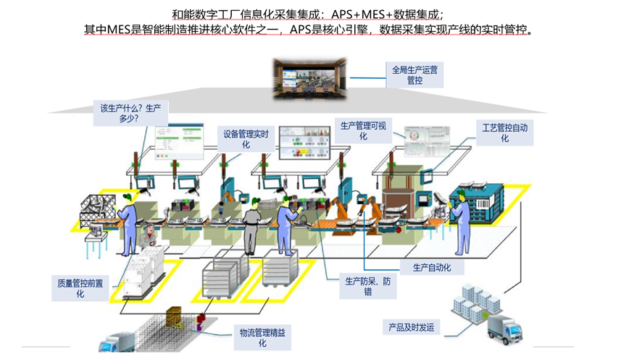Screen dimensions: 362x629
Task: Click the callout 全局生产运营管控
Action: click(x=415, y=75)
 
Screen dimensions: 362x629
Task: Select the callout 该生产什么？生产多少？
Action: click(x=125, y=113)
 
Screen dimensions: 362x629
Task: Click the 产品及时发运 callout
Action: click(x=410, y=328)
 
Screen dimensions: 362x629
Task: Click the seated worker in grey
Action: click(x=149, y=239)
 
